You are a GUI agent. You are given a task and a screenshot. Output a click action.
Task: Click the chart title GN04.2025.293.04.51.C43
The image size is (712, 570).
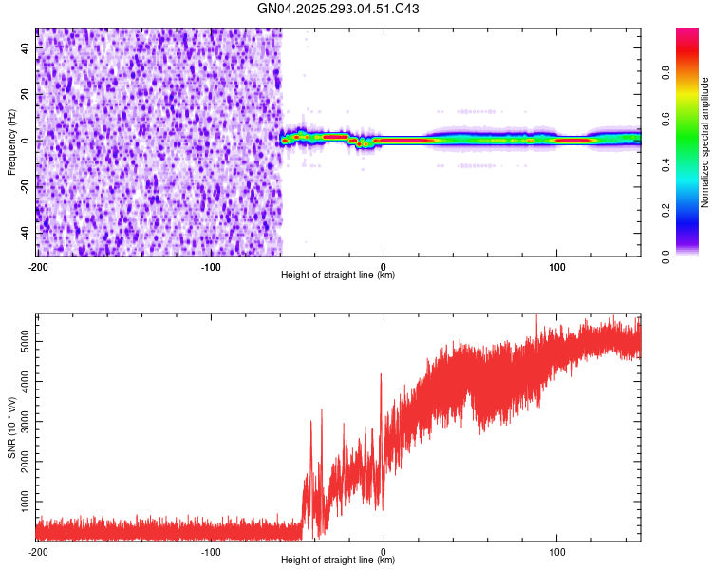tap(339, 9)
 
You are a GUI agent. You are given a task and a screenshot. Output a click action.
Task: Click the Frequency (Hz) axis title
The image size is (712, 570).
tap(12, 141)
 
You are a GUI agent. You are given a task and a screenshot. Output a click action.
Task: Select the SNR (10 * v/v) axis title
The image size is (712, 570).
tap(12, 425)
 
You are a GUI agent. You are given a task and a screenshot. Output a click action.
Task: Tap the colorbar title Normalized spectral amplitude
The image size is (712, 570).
tap(705, 142)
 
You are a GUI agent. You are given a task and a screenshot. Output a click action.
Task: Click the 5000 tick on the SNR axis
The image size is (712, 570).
tap(22, 339)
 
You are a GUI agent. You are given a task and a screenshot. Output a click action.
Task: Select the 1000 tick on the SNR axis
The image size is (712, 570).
tap(22, 500)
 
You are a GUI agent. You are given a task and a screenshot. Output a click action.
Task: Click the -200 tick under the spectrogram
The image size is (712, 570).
tap(37, 266)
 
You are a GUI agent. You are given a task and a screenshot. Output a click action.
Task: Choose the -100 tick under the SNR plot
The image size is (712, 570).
tap(211, 551)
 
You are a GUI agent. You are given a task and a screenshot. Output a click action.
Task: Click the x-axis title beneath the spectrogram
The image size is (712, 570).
tap(338, 275)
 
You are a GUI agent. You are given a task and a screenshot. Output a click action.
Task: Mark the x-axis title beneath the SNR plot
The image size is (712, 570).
tap(338, 560)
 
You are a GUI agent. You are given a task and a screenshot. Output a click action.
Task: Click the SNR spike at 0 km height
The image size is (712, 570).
tap(382, 376)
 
